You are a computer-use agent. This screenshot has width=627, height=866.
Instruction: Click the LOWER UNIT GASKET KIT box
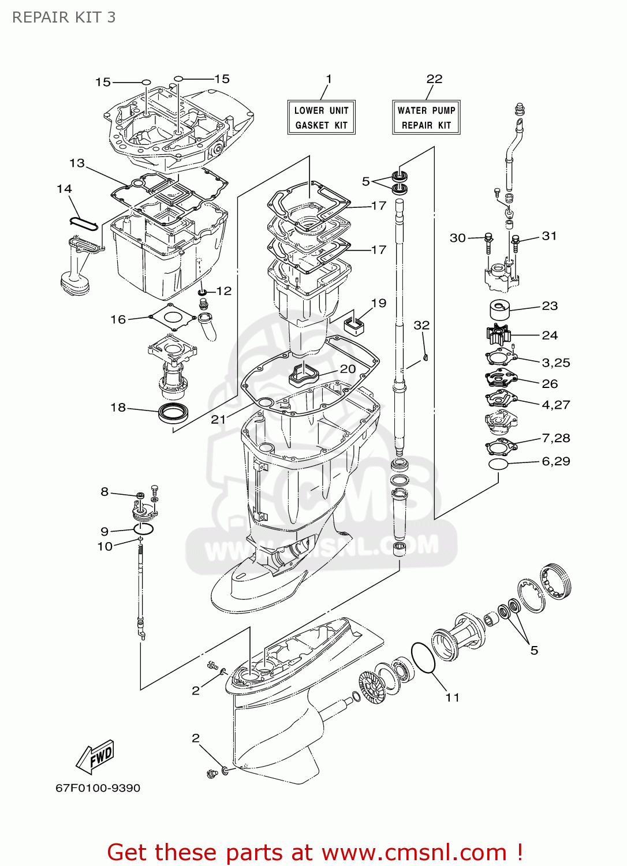click(x=321, y=117)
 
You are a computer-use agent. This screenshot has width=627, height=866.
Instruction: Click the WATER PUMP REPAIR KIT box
click(x=426, y=117)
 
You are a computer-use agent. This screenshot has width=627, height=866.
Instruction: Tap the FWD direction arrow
click(x=96, y=756)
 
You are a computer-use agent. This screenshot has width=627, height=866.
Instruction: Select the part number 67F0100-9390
click(x=98, y=788)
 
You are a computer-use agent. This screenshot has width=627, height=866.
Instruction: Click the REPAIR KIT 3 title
click(x=64, y=17)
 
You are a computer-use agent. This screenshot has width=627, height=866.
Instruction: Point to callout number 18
click(x=118, y=408)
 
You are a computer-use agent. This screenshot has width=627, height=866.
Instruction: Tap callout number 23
click(x=550, y=306)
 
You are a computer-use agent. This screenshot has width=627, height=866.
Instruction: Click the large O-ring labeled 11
click(x=423, y=658)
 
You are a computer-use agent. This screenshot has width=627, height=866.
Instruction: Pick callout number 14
click(x=64, y=189)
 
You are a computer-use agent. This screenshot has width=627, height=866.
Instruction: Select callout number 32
click(x=421, y=325)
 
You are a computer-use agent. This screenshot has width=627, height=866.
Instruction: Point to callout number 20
click(x=348, y=368)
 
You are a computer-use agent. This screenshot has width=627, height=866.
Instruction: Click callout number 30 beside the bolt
click(x=457, y=238)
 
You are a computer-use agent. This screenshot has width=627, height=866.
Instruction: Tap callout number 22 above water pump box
click(x=434, y=79)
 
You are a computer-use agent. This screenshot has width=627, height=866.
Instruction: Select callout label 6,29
click(x=555, y=461)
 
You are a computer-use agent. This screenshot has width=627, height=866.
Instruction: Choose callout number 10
click(x=104, y=546)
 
